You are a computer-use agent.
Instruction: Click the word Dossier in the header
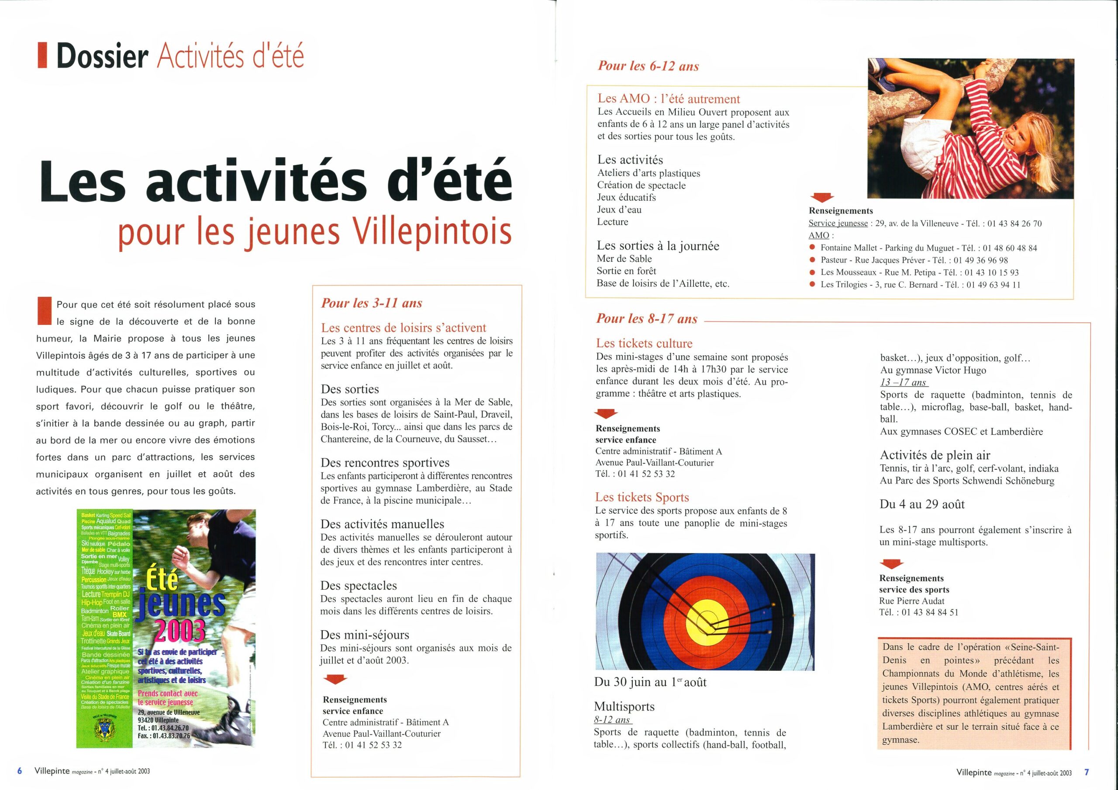(102, 57)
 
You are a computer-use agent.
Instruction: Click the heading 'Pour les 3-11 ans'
(371, 303)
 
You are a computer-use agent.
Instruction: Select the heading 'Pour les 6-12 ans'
(648, 66)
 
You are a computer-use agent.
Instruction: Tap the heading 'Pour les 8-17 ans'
(647, 319)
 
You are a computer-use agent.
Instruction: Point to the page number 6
(20, 771)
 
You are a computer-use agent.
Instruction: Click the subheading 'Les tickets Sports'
(642, 498)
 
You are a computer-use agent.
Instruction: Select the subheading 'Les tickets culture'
(644, 343)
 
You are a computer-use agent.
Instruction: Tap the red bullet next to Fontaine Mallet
(812, 248)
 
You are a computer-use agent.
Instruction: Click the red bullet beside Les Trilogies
(812, 285)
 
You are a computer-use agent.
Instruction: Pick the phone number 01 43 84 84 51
(930, 612)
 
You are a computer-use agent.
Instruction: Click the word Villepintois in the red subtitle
(433, 232)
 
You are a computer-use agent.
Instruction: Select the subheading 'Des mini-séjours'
(364, 635)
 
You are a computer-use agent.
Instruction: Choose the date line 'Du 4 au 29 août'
(922, 504)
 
